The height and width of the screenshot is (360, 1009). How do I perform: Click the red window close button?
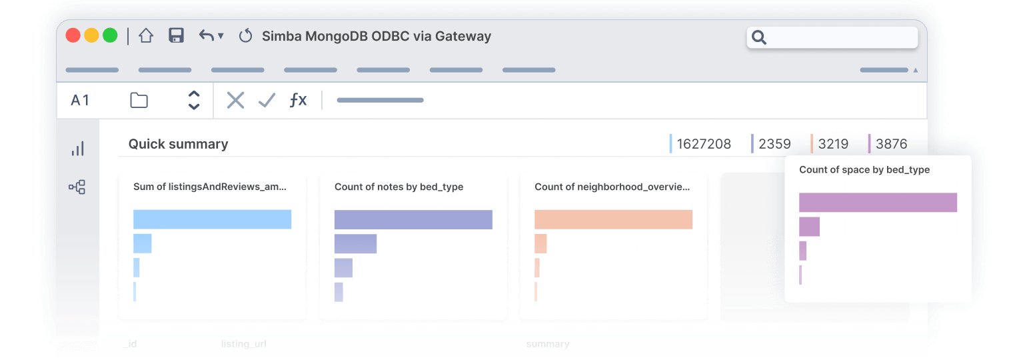(x=73, y=36)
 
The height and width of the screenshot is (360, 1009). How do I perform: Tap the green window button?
(x=110, y=36)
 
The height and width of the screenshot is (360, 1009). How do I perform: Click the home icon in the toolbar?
(x=146, y=36)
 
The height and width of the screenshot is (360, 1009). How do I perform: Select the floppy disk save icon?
(x=176, y=36)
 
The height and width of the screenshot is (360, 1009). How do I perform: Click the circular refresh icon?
(x=245, y=36)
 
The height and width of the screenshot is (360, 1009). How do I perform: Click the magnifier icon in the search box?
(x=759, y=37)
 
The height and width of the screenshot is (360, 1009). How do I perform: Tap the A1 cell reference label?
(x=80, y=101)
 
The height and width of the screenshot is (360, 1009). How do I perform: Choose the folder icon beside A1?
(x=139, y=101)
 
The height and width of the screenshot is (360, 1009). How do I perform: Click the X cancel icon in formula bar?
(x=235, y=101)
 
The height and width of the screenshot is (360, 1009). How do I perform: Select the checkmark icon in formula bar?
(x=267, y=101)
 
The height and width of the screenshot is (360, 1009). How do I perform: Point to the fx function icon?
(x=298, y=101)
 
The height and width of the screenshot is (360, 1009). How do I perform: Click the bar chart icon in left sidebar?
(x=77, y=149)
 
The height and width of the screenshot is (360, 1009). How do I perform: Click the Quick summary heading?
(x=178, y=144)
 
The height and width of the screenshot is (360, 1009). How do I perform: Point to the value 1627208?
(x=704, y=144)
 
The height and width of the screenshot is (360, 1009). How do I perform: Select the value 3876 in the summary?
(x=891, y=144)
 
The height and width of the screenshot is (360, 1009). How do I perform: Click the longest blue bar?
(x=212, y=219)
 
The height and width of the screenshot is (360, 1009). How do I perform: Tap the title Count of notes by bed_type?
(x=399, y=187)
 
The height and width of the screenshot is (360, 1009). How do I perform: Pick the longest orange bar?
(x=613, y=219)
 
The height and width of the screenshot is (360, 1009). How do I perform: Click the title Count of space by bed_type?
(x=864, y=170)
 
